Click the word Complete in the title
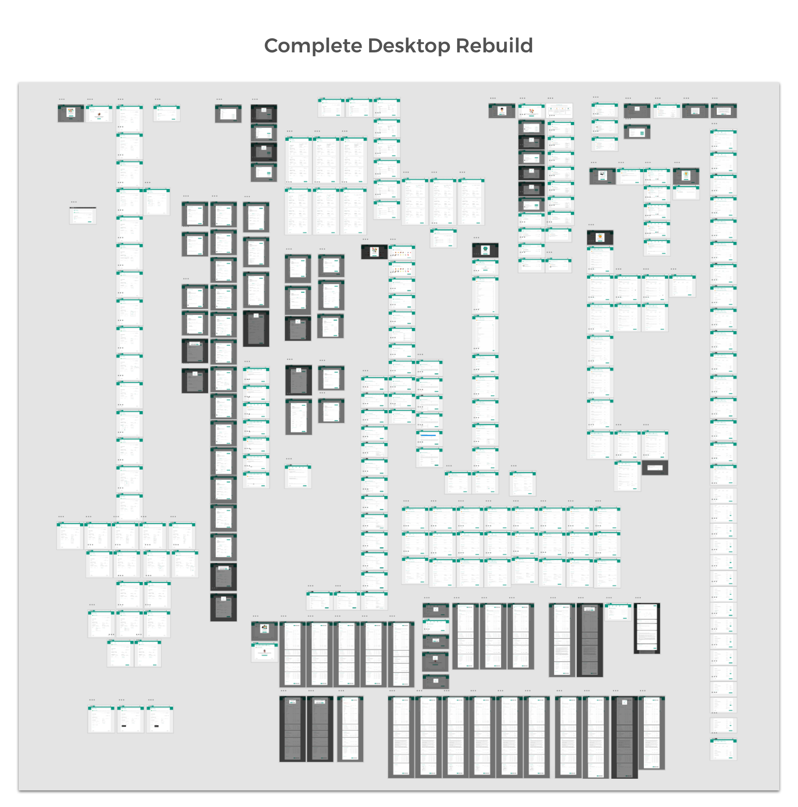click(x=313, y=46)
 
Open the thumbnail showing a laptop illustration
click(x=602, y=176)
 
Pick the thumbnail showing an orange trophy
click(x=686, y=176)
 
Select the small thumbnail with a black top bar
click(x=83, y=215)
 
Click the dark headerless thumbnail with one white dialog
click(x=654, y=468)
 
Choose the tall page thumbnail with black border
click(x=646, y=628)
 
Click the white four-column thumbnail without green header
click(x=559, y=111)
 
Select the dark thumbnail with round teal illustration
click(x=485, y=251)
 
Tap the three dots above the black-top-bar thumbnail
click(x=74, y=202)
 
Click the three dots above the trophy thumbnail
click(x=677, y=163)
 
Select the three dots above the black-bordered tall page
click(x=638, y=598)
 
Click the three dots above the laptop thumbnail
click(x=594, y=163)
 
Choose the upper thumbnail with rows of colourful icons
click(x=402, y=253)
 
